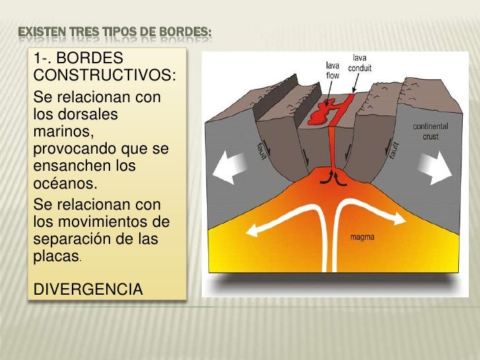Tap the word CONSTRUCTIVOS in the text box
pyautogui.click(x=104, y=79)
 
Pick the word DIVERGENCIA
pyautogui.click(x=88, y=288)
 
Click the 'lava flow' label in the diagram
pyautogui.click(x=334, y=69)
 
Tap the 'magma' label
pyautogui.click(x=362, y=235)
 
